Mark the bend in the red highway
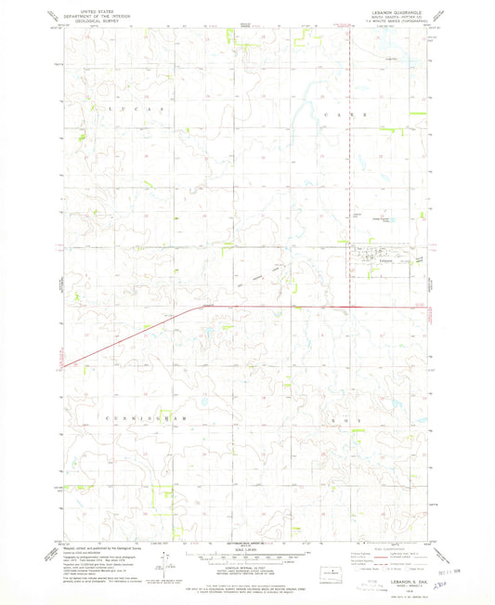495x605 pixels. pos(197,307)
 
